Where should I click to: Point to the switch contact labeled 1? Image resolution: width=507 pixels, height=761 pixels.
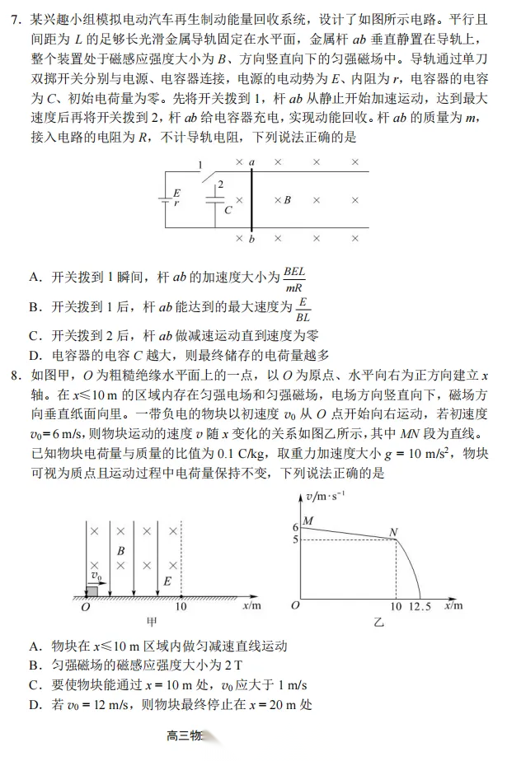[x=200, y=166]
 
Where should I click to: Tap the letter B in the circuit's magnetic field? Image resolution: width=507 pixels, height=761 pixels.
[x=287, y=199]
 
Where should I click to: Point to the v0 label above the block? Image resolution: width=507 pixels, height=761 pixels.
[x=96, y=575]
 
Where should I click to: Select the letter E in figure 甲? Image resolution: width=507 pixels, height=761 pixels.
[x=167, y=581]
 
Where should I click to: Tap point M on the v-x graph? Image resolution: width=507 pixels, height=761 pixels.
[x=309, y=521]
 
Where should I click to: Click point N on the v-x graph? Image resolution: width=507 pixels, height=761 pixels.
[x=393, y=533]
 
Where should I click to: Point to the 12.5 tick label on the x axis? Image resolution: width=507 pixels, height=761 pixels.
[x=422, y=608]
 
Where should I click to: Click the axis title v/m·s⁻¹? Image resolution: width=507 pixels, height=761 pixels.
[x=325, y=496]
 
